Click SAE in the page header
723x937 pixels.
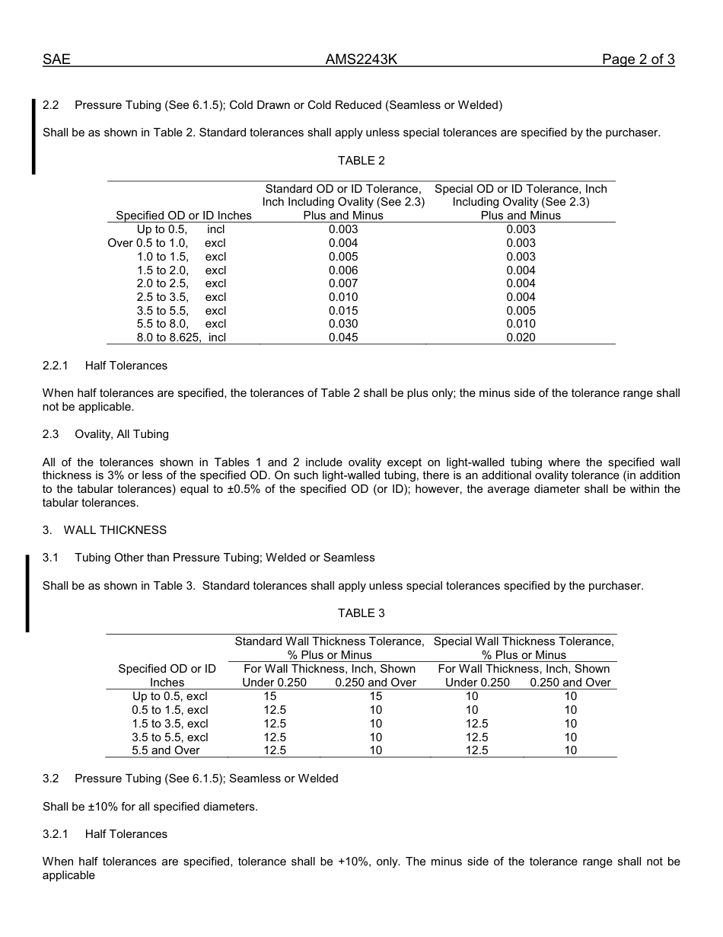tap(56, 60)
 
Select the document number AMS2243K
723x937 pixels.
tap(361, 60)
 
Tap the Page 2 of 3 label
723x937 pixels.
tap(638, 60)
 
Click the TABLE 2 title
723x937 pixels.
tap(361, 161)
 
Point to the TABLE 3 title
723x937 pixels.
tap(361, 613)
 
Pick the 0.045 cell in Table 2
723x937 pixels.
tap(343, 337)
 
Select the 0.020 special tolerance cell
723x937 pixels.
tap(521, 337)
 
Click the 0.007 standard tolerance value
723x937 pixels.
tap(343, 283)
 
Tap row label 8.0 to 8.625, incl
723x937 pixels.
tap(181, 337)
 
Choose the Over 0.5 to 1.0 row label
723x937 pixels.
tap(167, 243)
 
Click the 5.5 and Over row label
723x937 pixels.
tap(166, 750)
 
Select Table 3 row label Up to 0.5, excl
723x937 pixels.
tap(170, 696)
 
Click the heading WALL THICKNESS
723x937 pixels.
tap(114, 530)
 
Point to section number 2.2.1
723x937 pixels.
tap(56, 366)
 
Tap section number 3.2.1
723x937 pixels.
tap(56, 834)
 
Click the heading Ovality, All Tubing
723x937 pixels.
tap(121, 434)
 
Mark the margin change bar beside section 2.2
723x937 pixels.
tap(33, 137)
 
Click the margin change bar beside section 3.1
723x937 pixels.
tap(28, 593)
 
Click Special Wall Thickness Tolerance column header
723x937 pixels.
tap(524, 641)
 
